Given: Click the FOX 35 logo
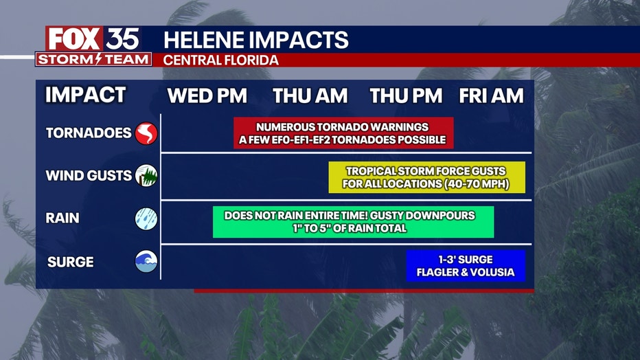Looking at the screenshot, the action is tap(93, 38).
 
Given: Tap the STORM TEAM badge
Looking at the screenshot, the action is tap(93, 59).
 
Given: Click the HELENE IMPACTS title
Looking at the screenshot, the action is tap(256, 40).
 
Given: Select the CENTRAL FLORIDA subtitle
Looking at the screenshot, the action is tap(221, 60).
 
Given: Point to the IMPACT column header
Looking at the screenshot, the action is tap(85, 95).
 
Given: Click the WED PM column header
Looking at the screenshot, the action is tap(207, 96).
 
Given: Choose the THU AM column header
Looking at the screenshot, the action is tap(310, 96).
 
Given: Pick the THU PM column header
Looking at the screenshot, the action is tap(406, 96).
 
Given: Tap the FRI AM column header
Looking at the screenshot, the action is tap(491, 96).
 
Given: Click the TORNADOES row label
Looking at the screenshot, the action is tap(89, 133).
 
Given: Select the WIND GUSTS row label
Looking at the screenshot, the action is tap(89, 175).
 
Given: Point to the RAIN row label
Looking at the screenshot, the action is tap(62, 218).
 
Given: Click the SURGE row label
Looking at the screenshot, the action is tap(71, 262).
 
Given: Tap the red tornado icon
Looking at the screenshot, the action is tap(146, 133).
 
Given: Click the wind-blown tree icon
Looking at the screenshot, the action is tap(146, 175).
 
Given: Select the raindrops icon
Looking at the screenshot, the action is tap(146, 218).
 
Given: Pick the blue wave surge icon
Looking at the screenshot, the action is tap(146, 261).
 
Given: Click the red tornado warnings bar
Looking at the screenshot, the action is tap(343, 133).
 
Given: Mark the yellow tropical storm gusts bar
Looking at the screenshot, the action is tap(427, 177).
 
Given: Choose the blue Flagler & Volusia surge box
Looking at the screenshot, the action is tap(466, 266).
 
